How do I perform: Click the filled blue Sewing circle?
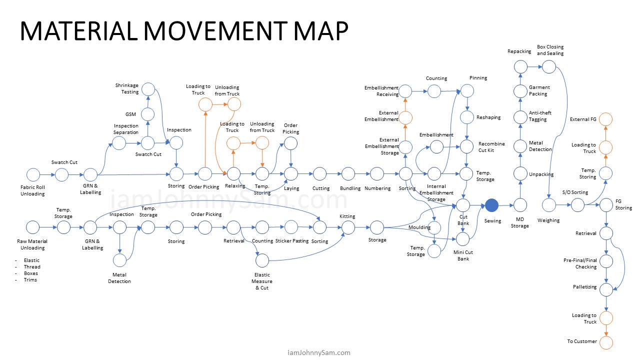[491, 205]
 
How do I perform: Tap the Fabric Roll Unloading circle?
[33, 174]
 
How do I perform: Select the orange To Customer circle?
[606, 342]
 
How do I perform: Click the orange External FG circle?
[606, 119]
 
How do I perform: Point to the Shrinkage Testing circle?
[147, 89]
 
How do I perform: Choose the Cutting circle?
[319, 174]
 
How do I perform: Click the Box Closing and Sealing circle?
[549, 66]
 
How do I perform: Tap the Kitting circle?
[347, 227]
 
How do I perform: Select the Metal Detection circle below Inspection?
[119, 260]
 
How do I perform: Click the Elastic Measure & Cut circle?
[261, 260]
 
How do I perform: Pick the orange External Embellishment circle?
[405, 118]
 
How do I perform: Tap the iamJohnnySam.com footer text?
[319, 352]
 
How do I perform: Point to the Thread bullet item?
[31, 267]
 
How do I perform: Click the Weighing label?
[548, 220]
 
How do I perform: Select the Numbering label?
[377, 188]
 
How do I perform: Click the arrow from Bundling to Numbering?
[362, 174]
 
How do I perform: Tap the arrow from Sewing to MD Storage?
[506, 205]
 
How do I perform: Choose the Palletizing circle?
[606, 289]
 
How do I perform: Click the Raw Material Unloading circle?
[33, 227]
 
